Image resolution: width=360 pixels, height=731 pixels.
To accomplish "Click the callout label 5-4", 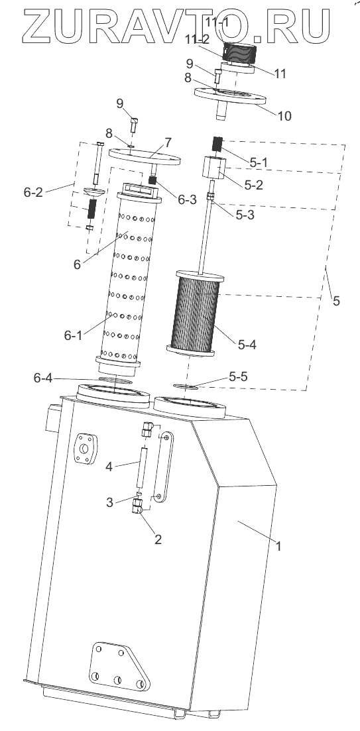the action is pyautogui.click(x=247, y=345).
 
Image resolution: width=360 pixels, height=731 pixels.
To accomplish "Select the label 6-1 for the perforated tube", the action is pyautogui.click(x=73, y=335).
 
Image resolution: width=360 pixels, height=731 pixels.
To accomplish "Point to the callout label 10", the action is pyautogui.click(x=284, y=115).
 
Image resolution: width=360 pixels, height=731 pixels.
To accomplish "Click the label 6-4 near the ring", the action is pyautogui.click(x=43, y=378).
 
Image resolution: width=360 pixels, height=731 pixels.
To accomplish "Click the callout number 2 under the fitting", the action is pyautogui.click(x=158, y=539).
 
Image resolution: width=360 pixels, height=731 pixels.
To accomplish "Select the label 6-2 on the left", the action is pyautogui.click(x=33, y=192).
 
